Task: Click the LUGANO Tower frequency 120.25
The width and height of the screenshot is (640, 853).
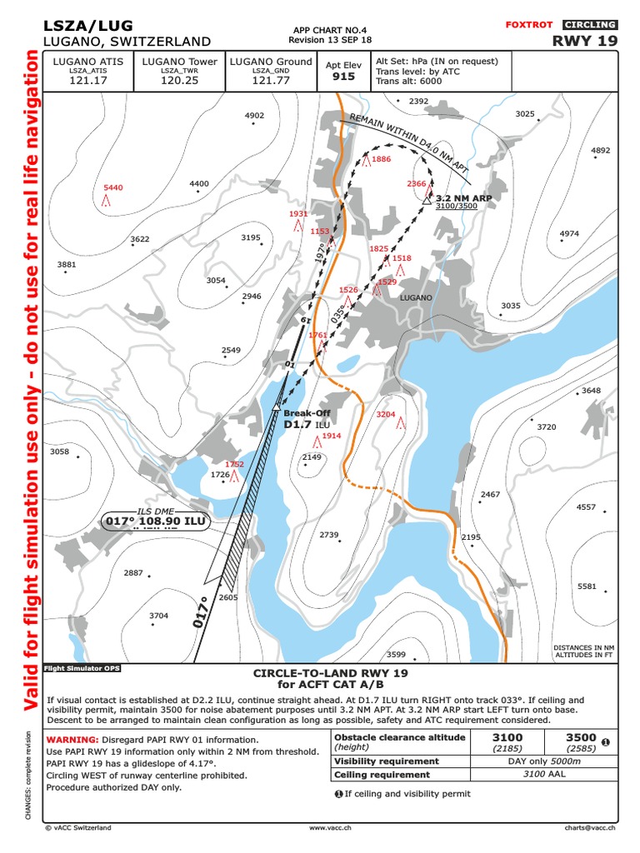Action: (179, 82)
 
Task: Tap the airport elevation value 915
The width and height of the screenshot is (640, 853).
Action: (344, 77)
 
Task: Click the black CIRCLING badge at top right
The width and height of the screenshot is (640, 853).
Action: (589, 25)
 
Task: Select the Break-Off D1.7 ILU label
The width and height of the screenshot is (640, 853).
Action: (307, 419)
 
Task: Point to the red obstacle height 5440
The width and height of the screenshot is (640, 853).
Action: (112, 188)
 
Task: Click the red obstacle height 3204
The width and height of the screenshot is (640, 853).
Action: (386, 414)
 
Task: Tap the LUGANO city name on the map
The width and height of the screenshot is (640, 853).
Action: (416, 297)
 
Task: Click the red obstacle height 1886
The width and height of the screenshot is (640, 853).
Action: (381, 159)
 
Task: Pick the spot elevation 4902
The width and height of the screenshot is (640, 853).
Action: (254, 116)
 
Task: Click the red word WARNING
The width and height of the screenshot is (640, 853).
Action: (72, 740)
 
